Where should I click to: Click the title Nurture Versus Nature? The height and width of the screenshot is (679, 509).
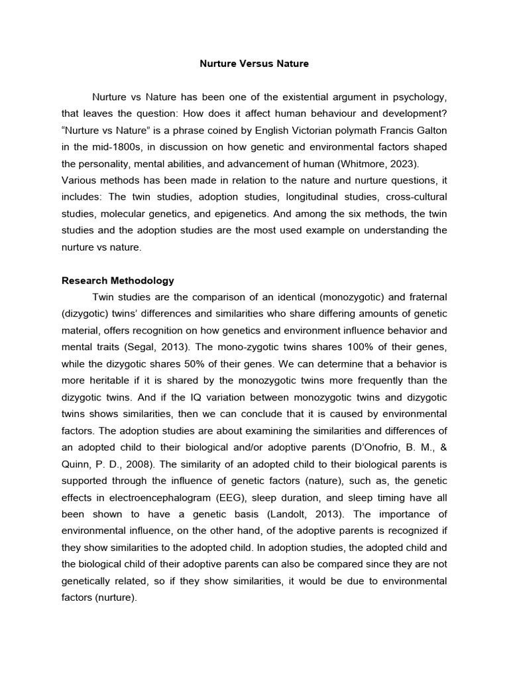254,64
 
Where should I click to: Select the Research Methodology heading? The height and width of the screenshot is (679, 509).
117,280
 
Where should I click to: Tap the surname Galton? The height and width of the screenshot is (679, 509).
430,128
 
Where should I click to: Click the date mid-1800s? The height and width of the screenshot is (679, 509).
97,145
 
